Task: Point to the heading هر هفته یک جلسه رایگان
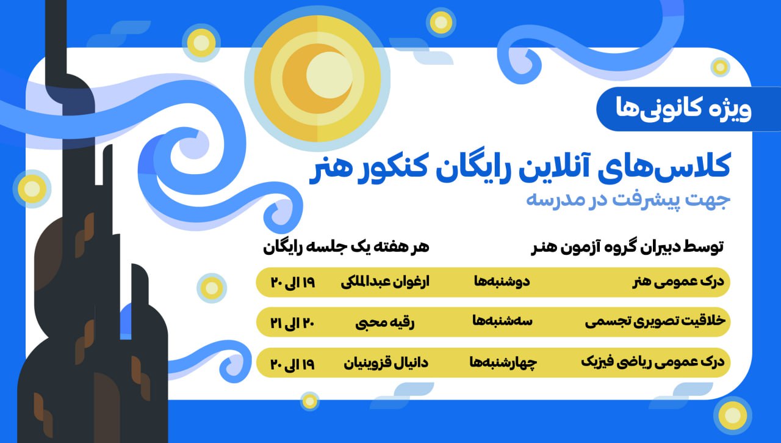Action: [x=346, y=247]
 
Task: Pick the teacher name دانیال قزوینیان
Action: [x=387, y=362]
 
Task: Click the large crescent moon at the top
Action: [x=317, y=79]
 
